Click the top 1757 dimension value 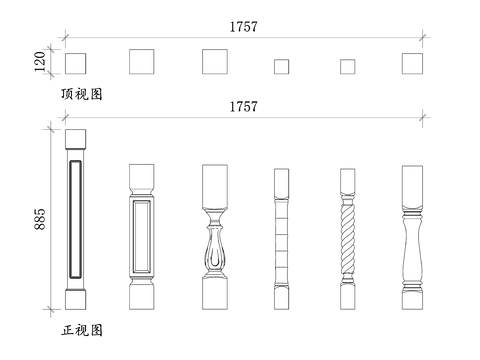tap(243, 27)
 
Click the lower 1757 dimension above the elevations tap(243, 106)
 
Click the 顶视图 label tap(82, 94)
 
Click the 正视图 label tap(82, 329)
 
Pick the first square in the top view tap(76, 64)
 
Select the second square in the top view tap(143, 62)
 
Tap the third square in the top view tap(215, 62)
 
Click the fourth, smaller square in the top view tap(281, 66)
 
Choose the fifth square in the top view tap(347, 66)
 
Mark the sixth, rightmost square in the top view tap(413, 63)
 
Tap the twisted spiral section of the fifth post tap(347, 240)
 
